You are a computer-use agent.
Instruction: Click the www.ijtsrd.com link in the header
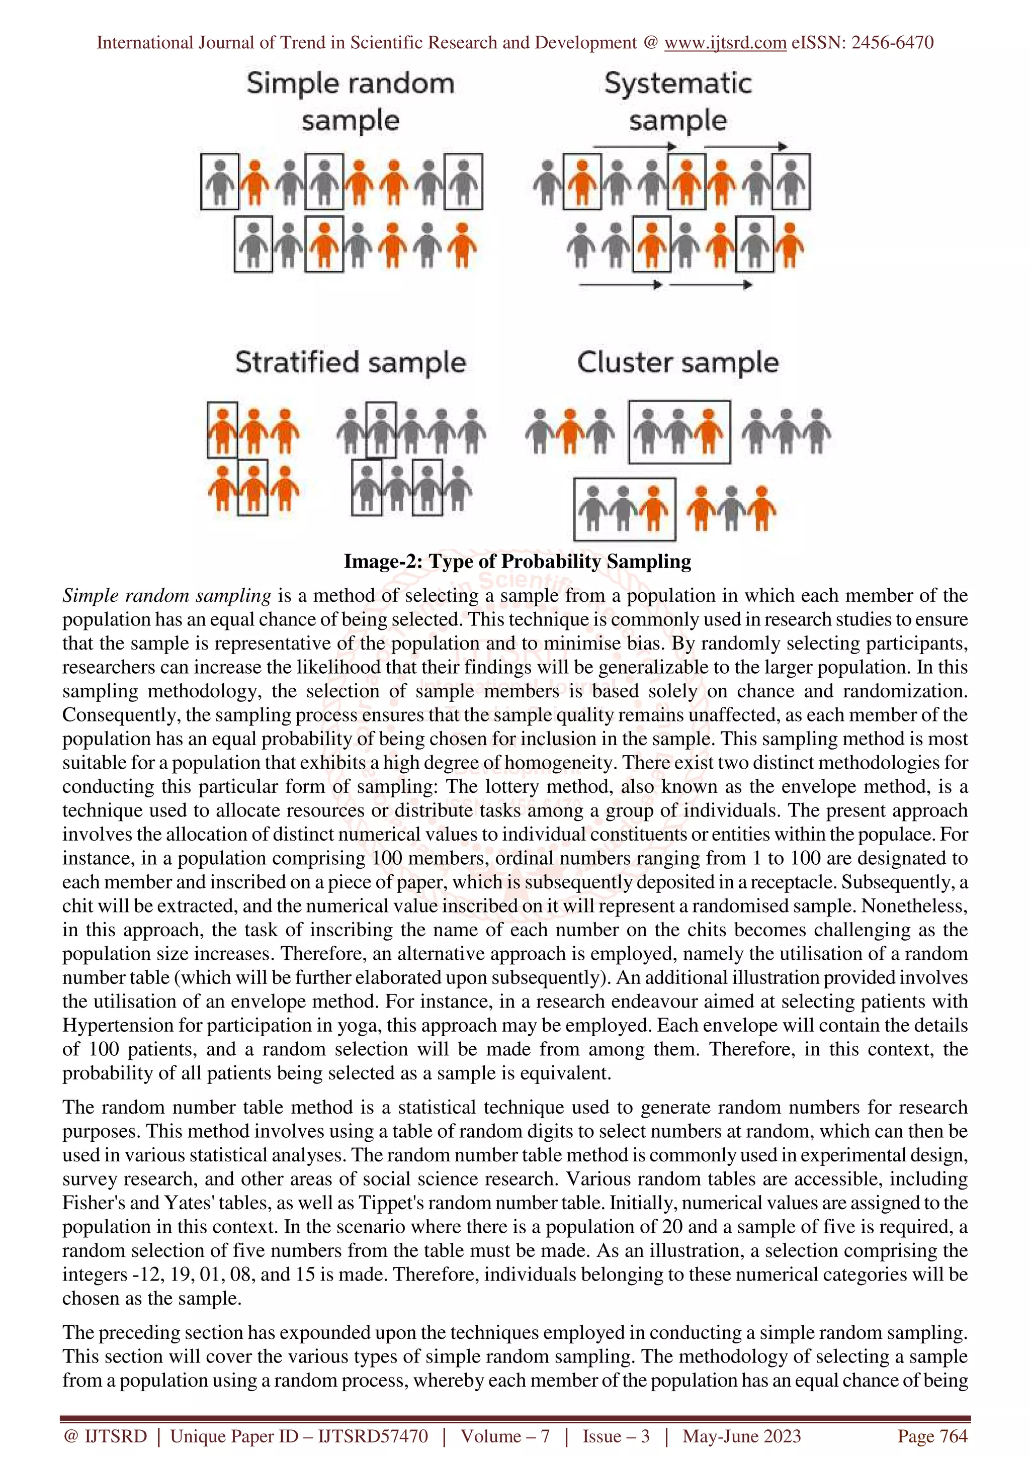[725, 43]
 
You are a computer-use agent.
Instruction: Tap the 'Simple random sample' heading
[351, 102]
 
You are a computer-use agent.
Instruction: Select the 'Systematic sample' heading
[678, 102]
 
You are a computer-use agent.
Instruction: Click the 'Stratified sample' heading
[351, 362]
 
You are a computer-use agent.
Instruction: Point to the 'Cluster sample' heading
[678, 362]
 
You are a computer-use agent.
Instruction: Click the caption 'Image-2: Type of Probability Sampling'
[517, 561]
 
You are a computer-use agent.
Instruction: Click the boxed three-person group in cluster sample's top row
[679, 431]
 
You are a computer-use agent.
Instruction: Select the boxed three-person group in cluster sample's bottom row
[625, 508]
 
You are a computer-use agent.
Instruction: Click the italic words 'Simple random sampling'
[167, 595]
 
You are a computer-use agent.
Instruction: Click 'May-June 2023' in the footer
[741, 1436]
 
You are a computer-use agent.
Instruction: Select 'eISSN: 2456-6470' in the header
[863, 43]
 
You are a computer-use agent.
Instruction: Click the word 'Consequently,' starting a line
[114, 714]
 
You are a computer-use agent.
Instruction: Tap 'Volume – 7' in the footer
[505, 1436]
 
